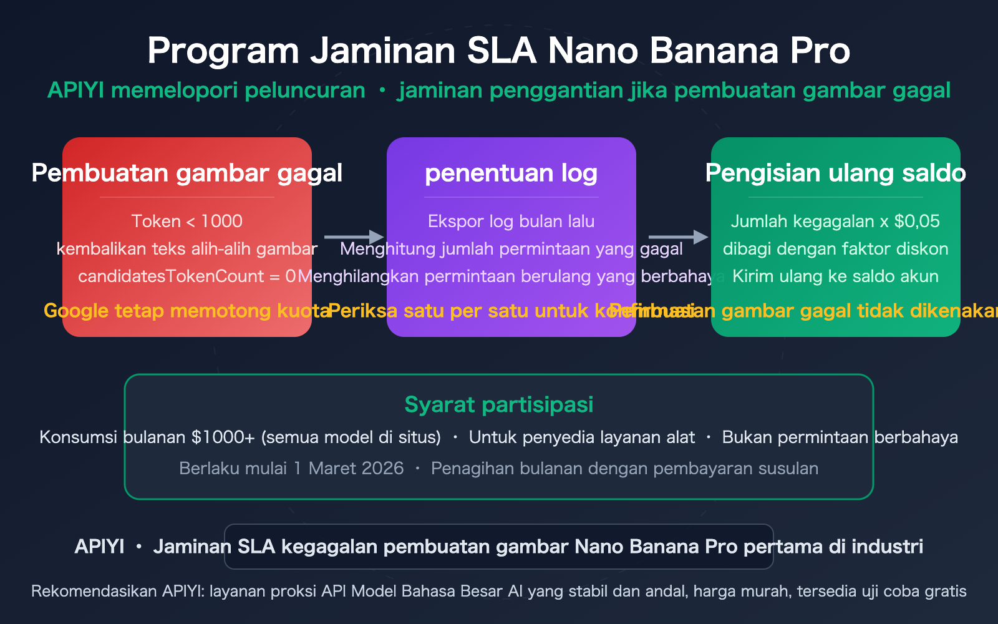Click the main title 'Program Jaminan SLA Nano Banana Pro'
(x=498, y=51)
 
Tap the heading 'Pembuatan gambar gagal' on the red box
(x=187, y=173)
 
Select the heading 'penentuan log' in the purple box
(x=511, y=173)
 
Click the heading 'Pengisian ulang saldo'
(x=835, y=173)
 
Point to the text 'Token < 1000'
(x=187, y=221)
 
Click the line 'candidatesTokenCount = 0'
(x=187, y=276)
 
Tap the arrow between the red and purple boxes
(x=354, y=237)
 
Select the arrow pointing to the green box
(x=678, y=237)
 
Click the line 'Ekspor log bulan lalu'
(x=511, y=221)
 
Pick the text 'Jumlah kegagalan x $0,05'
(x=835, y=221)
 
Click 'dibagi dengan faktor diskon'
(x=835, y=248)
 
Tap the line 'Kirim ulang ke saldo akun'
(x=835, y=276)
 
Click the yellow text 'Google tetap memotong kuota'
(x=187, y=311)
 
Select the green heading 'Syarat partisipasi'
(x=498, y=404)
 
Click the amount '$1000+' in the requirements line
(x=223, y=437)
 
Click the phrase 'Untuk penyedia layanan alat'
(x=581, y=437)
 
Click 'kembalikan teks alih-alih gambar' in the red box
(x=187, y=248)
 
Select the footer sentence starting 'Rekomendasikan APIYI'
(x=498, y=591)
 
